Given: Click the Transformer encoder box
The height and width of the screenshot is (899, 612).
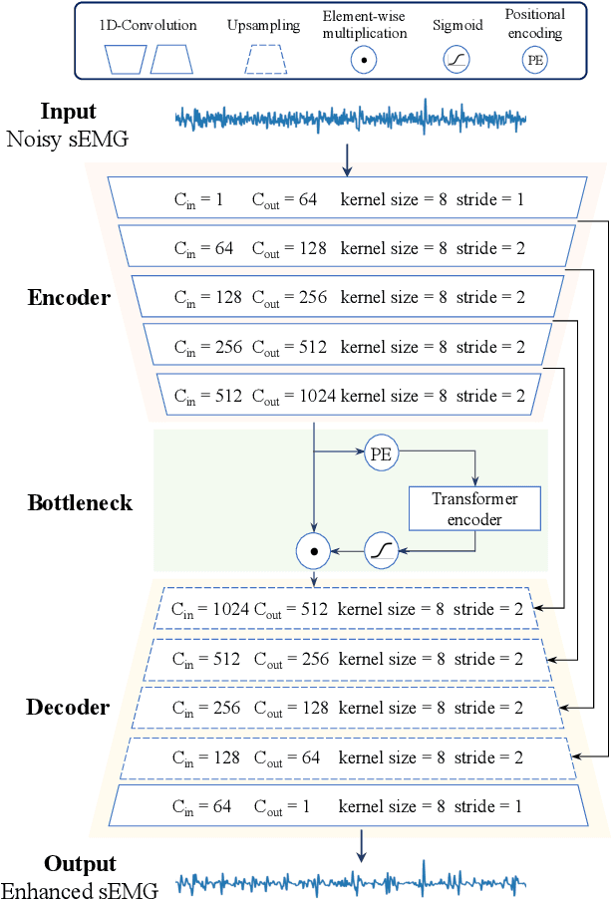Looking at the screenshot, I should (474, 508).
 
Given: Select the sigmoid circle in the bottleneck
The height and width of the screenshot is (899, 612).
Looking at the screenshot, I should (381, 549).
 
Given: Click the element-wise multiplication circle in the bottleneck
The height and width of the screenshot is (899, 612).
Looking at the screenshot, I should (314, 549).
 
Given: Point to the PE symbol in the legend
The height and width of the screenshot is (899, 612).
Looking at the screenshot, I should (534, 60).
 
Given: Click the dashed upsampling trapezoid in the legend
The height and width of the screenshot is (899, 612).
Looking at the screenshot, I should (271, 62).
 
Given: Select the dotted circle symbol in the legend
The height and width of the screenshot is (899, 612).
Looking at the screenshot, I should (365, 61).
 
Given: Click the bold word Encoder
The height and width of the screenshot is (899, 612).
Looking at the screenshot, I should (69, 298).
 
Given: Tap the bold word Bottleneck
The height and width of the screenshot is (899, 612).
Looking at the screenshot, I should (80, 502).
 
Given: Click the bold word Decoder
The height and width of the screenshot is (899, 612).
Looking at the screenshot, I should (69, 709).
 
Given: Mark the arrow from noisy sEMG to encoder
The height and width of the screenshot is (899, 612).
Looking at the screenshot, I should (347, 157).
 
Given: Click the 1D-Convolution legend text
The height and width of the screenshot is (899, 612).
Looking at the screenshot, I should (148, 26).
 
